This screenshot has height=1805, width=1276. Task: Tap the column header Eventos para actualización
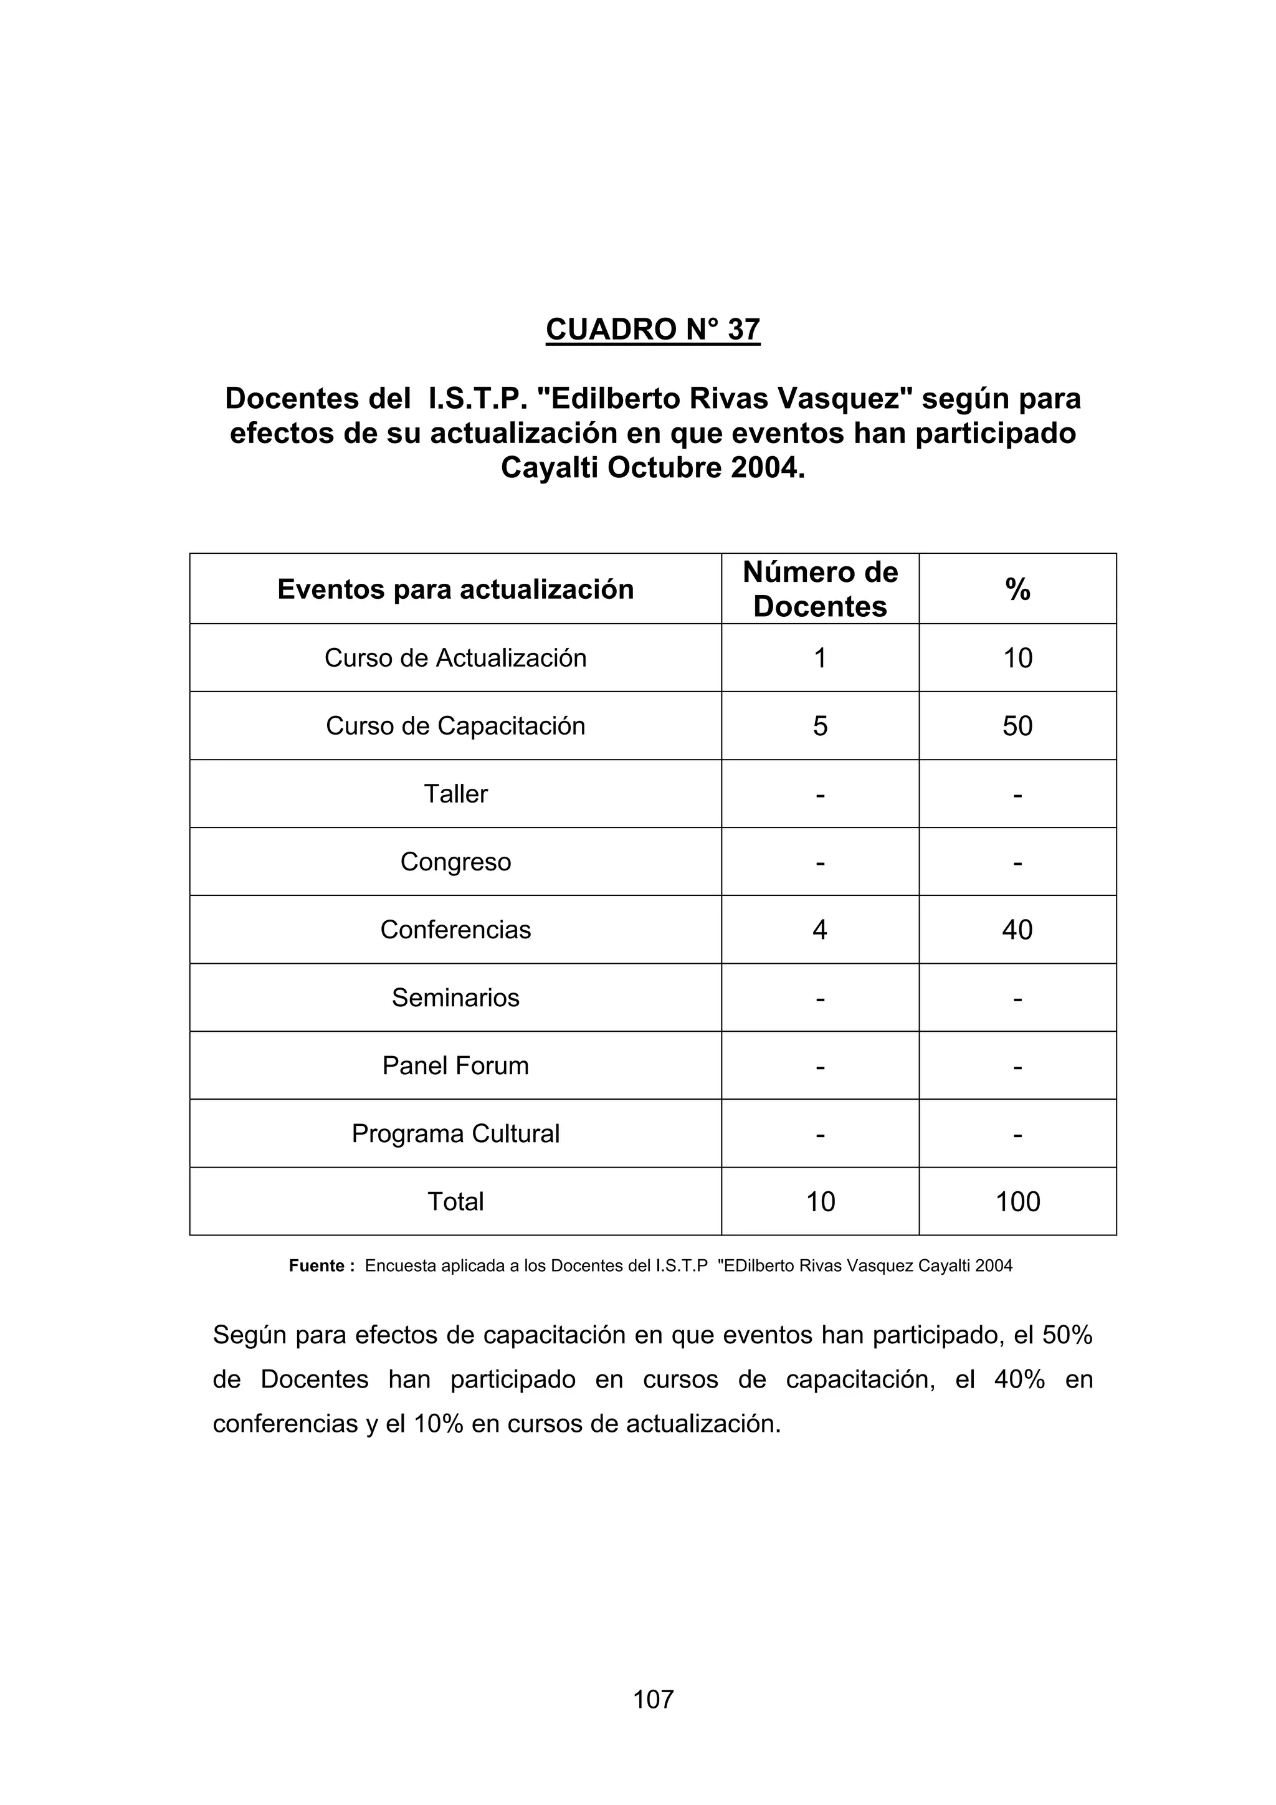455,589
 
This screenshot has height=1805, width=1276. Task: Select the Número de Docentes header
819,589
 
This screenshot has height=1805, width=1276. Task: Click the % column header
1017,589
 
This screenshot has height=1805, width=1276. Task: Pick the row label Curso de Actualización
455,657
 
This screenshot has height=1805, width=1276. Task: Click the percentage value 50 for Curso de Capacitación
1017,726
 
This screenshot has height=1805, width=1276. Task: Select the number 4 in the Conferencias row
819,930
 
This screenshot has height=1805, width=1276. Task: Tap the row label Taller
455,794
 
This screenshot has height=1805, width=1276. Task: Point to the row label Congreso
455,862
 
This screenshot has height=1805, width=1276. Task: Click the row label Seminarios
455,998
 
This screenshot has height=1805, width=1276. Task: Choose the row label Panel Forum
455,1066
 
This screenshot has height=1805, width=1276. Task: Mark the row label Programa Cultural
455,1133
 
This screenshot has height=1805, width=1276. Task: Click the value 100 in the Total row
1017,1202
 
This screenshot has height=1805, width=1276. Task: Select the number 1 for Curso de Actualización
819,657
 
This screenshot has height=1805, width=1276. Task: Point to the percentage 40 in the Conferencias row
1017,930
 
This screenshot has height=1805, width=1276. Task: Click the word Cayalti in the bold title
550,468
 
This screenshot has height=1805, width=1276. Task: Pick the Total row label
455,1202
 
